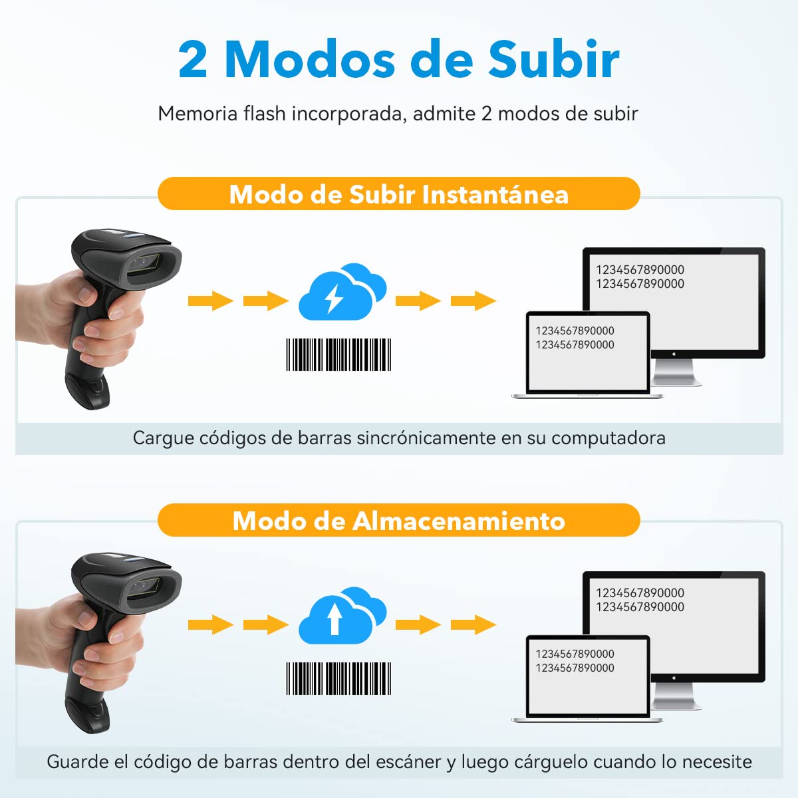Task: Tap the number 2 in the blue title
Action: pyautogui.click(x=193, y=59)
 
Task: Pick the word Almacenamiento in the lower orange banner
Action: pyautogui.click(x=459, y=520)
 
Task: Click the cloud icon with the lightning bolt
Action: pyautogui.click(x=342, y=291)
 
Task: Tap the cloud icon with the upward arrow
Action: pyautogui.click(x=342, y=615)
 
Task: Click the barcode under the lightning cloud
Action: pyautogui.click(x=338, y=354)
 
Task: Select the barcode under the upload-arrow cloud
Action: pyautogui.click(x=338, y=678)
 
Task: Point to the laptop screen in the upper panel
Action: pyautogui.click(x=588, y=352)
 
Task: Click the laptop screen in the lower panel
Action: pyautogui.click(x=588, y=676)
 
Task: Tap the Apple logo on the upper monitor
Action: pyautogui.click(x=674, y=354)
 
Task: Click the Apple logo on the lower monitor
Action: pyautogui.click(x=674, y=678)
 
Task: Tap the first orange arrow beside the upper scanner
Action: pyautogui.click(x=210, y=301)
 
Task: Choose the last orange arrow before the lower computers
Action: pyautogui.click(x=473, y=624)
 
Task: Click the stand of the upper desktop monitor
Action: pyautogui.click(x=675, y=372)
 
